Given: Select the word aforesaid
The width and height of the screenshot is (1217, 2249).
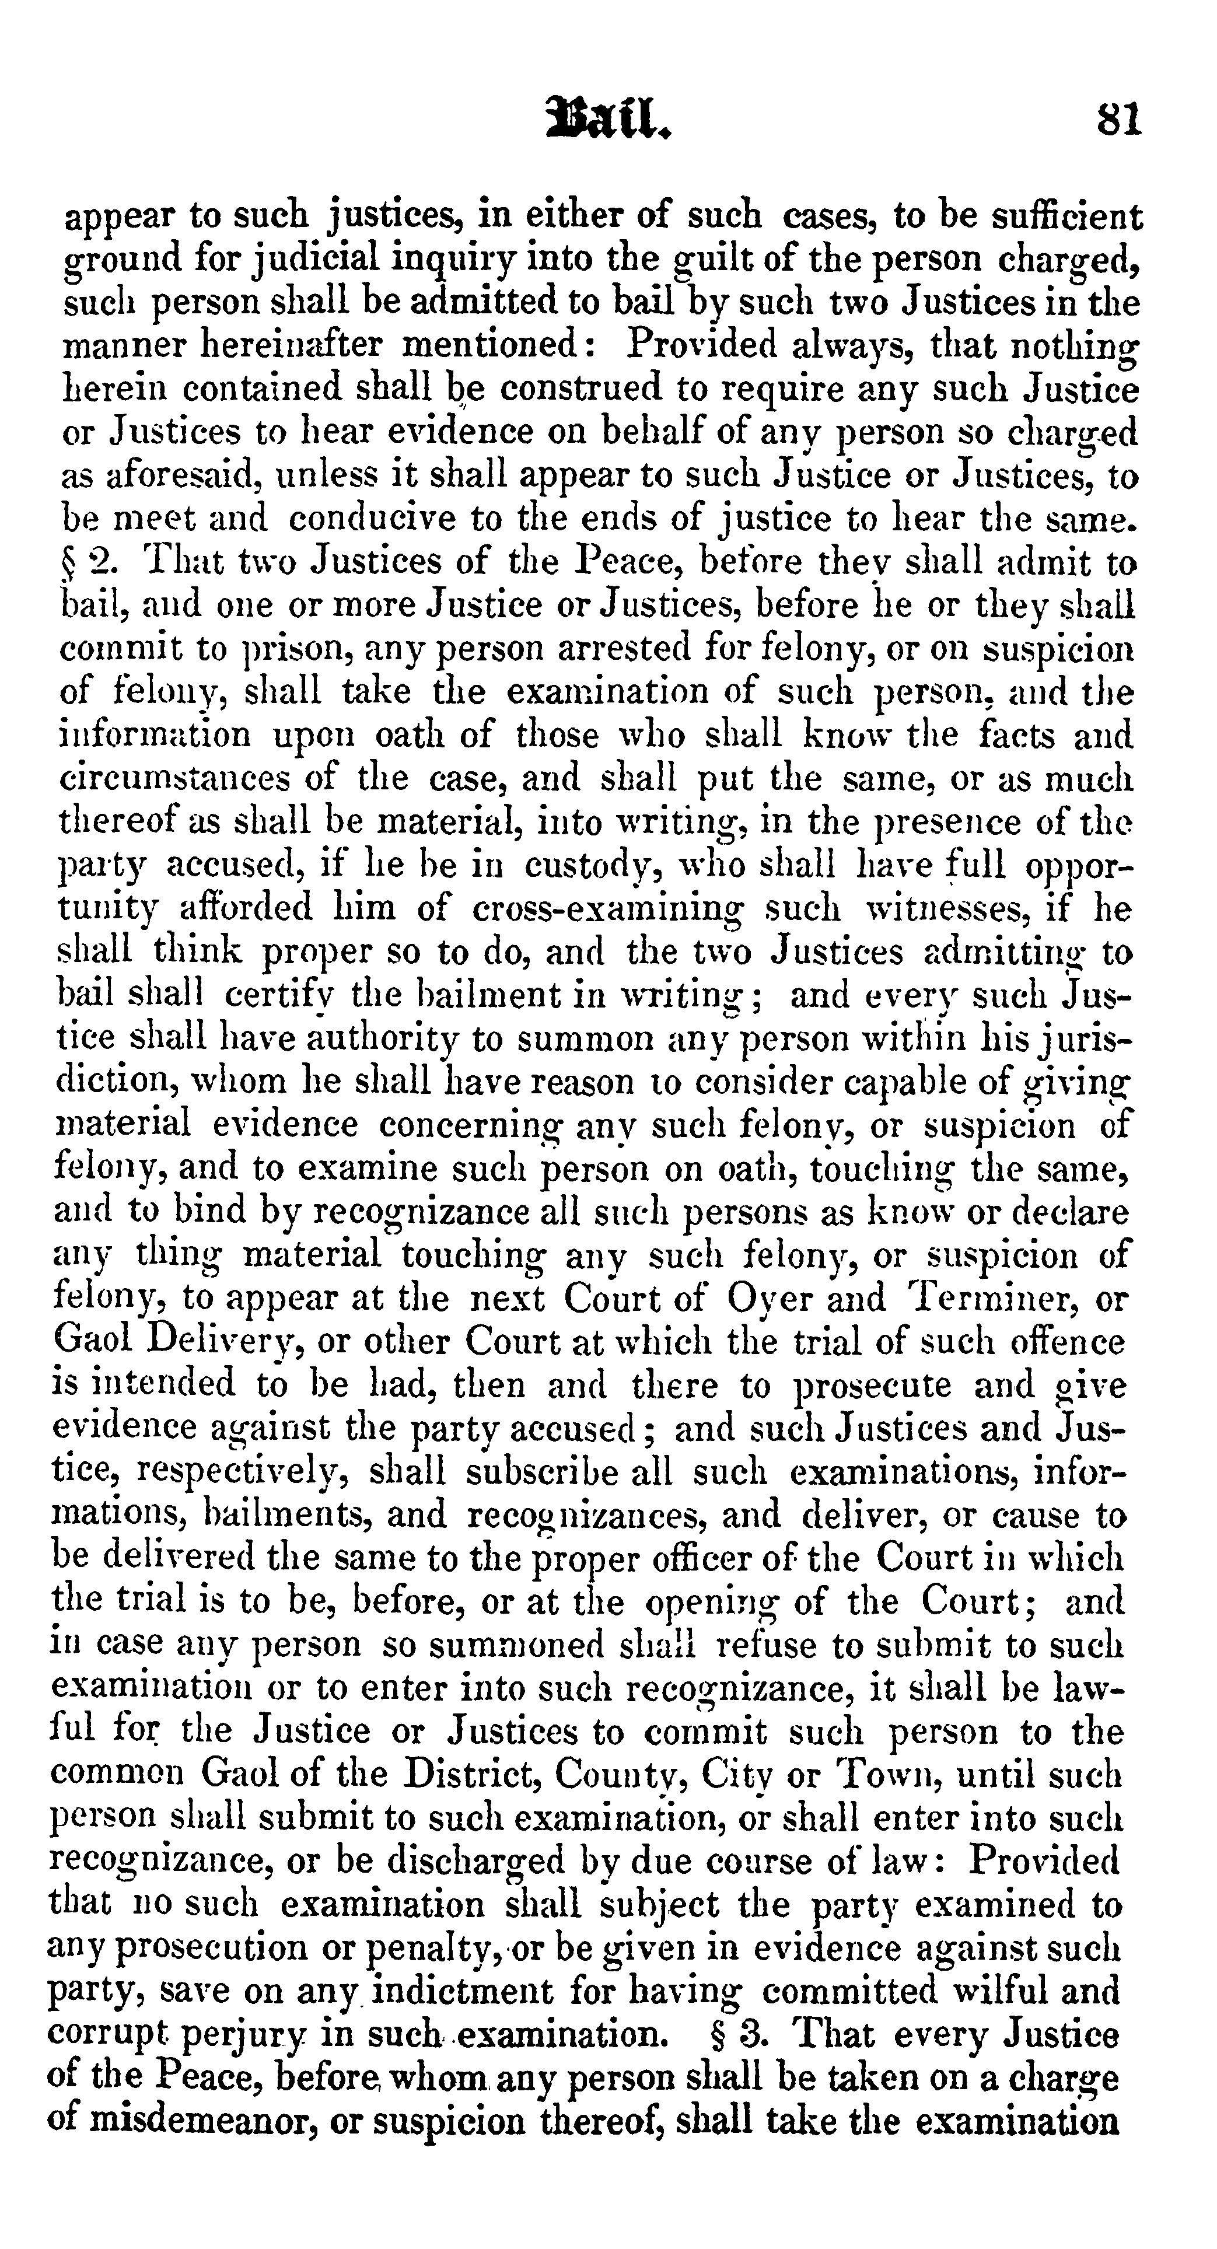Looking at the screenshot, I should (x=172, y=476).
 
